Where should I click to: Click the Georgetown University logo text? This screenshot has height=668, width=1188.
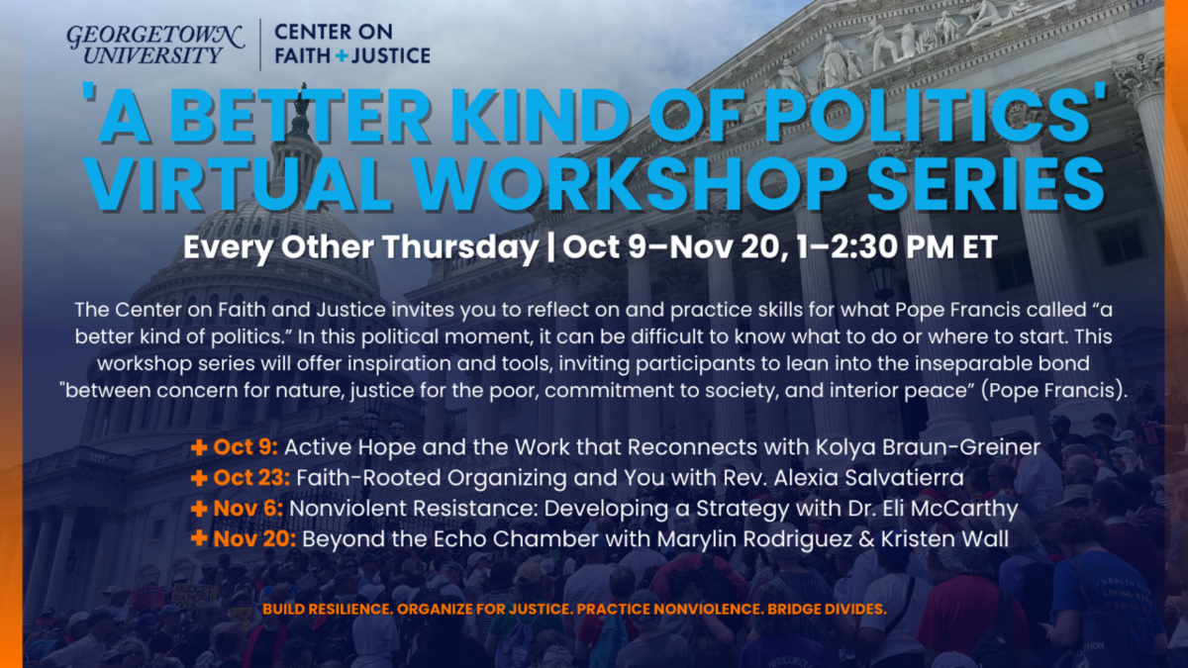pos(154,45)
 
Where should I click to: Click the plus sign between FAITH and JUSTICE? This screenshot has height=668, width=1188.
pos(343,55)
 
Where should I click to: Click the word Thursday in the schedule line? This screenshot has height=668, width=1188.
pos(460,247)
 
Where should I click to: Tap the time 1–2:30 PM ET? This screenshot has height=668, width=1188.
pos(897,247)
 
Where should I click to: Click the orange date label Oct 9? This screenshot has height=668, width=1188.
pos(246,447)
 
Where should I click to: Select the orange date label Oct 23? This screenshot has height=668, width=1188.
pos(251,478)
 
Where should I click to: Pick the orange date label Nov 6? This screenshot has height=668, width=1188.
pos(248,509)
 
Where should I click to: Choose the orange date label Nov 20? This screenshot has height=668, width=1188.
pos(254,539)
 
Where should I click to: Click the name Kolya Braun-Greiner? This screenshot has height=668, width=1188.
pos(928,448)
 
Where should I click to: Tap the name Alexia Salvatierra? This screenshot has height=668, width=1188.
pos(869,478)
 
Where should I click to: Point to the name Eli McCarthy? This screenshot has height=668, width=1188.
pos(947,510)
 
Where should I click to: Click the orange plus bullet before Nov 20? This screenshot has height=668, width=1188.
pos(199,539)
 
